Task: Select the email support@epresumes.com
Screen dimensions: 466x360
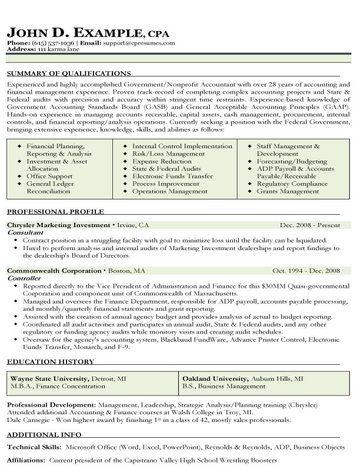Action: (139, 43)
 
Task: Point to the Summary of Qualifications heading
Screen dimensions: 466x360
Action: (68, 74)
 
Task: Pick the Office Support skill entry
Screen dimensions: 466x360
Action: (49, 176)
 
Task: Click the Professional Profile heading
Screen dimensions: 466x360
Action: (55, 211)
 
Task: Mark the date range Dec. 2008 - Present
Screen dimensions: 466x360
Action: (310, 225)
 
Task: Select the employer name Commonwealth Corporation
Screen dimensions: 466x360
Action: (54, 271)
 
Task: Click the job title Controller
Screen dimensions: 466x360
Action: (24, 278)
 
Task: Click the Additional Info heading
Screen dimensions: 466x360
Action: (44, 436)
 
